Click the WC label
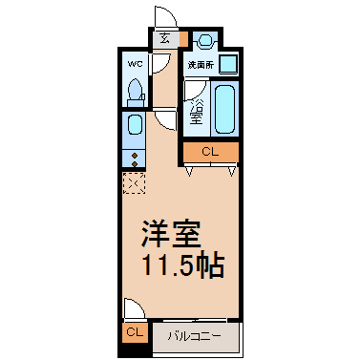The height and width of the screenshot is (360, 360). point(135,64)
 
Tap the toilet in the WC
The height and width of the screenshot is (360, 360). point(136,93)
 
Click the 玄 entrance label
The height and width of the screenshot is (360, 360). point(164,38)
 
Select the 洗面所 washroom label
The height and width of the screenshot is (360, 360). point(201,65)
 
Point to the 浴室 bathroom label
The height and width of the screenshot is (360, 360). point(197,112)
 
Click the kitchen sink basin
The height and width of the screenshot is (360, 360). point(135,125)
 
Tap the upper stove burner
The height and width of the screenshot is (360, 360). point(135,156)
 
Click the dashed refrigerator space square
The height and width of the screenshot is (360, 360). point(134,183)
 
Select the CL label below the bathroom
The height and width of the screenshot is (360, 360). point(210,152)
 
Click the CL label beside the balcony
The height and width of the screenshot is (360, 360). point(135,332)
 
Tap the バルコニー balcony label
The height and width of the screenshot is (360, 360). point(195,336)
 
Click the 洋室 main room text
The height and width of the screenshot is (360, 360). point(172,234)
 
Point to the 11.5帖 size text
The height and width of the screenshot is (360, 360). point(183,265)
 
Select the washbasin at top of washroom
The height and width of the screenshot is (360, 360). point(205,41)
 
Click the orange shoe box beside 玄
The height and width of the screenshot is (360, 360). point(183,39)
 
